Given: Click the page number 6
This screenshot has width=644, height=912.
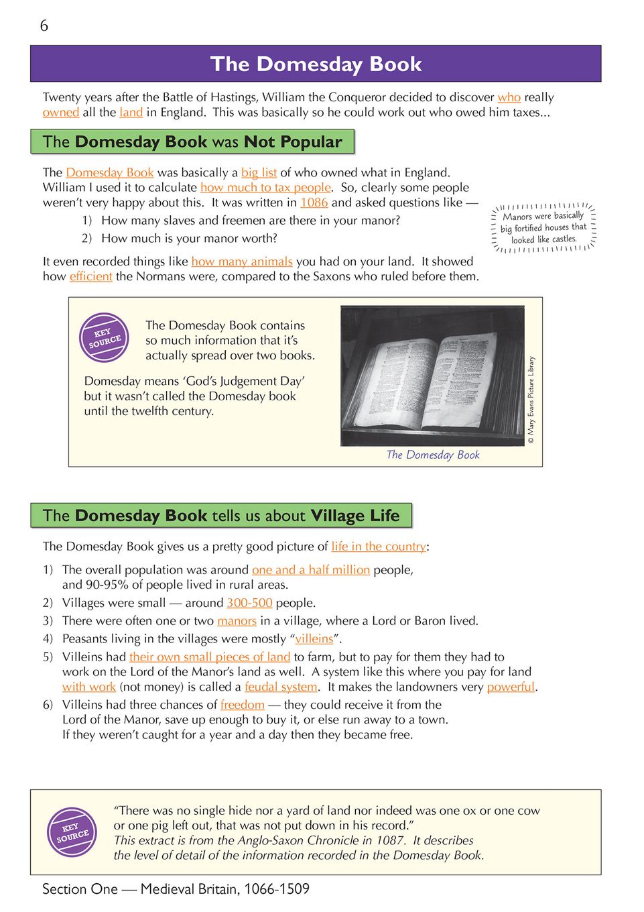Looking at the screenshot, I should coord(44,26).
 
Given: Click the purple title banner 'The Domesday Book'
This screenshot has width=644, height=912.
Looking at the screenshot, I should coord(316,64).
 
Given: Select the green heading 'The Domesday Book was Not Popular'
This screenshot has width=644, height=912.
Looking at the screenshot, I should coord(192,141).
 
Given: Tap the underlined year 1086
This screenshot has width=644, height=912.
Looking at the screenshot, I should coord(314,203).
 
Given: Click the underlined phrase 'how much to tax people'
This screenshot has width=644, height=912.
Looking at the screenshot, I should coord(265,188).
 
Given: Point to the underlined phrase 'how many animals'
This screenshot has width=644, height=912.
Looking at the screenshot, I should coord(242,262).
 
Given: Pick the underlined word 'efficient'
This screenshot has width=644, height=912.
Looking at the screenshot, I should coord(90,276).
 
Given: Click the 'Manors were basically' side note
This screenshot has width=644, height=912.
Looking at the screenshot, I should coord(543,228).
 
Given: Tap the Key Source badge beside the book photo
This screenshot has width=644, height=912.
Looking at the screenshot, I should coord(104,337).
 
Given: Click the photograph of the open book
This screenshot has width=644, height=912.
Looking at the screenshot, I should coord(432,376).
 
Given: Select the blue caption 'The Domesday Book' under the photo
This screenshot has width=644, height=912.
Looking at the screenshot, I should coord(433,455).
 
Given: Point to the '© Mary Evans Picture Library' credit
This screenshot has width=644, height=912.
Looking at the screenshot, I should coord(531,400).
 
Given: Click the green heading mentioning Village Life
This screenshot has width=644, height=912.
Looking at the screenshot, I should coord(221,516).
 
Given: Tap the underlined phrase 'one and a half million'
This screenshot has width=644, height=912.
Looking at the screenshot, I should coord(311,570).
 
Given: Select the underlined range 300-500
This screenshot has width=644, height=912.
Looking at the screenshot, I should coord(249,603).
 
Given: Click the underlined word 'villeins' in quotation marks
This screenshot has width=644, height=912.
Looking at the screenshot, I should coord(314,639).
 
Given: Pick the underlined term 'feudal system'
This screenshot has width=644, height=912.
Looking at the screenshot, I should coord(281,687).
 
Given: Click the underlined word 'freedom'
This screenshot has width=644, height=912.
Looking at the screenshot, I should coord(242,705).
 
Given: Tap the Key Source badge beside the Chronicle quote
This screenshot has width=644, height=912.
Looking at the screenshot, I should coord(72,832).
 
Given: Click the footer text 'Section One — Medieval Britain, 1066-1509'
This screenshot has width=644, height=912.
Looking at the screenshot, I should coord(176,889).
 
